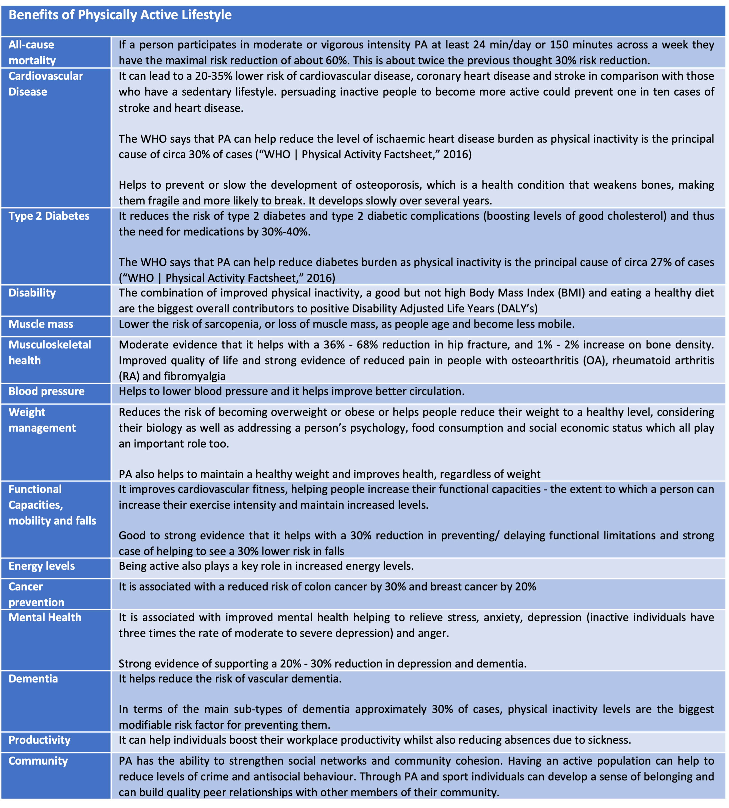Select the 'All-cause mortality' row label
click(32, 52)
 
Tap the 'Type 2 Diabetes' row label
click(49, 216)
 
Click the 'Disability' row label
click(32, 293)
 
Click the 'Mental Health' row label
click(45, 618)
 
